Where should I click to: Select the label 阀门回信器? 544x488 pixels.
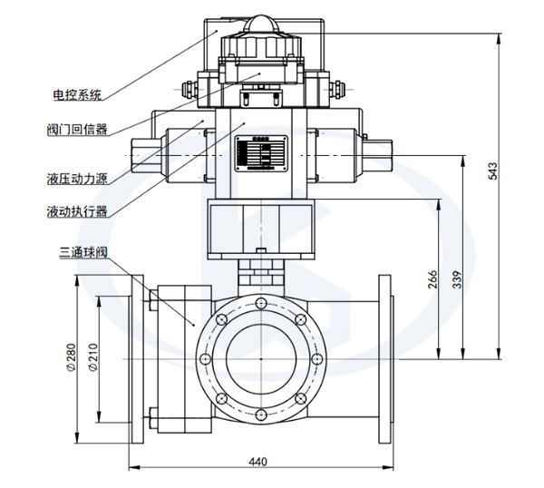[77, 129]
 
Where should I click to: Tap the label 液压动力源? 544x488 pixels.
[77, 178]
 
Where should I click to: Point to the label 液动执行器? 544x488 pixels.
[77, 211]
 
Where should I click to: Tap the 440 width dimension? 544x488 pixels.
[257, 462]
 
